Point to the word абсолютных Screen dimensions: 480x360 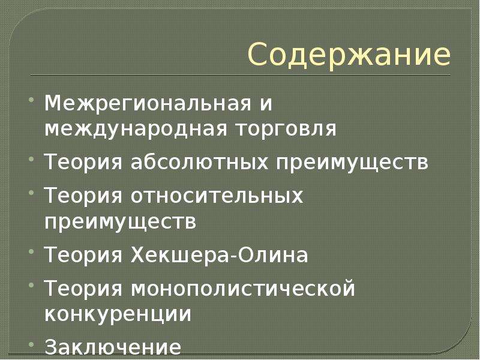click(199, 161)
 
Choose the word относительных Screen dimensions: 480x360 click(217, 196)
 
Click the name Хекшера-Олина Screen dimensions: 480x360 click(219, 254)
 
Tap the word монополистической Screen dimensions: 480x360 click(243, 289)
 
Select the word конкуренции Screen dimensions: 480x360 click(118, 313)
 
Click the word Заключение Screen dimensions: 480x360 click(113, 347)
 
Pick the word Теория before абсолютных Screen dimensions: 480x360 click(83, 161)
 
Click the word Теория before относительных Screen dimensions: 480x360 click(83, 196)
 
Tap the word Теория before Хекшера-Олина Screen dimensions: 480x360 click(83, 254)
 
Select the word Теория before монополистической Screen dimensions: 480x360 click(83, 289)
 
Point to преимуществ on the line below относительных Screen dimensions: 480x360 click(121, 221)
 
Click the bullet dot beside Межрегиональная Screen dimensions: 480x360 click(31, 100)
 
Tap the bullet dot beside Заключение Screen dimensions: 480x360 click(31, 344)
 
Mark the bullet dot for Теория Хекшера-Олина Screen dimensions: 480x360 click(31, 251)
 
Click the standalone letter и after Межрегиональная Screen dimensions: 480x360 click(266, 104)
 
